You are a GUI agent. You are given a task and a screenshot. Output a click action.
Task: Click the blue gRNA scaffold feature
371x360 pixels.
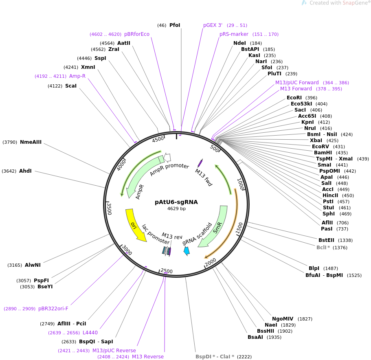tap(187, 251)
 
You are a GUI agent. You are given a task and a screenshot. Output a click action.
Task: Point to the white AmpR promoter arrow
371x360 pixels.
tap(167, 157)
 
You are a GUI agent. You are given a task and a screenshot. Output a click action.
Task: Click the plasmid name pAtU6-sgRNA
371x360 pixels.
tap(176, 202)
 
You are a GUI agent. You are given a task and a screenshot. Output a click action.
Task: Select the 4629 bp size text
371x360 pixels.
tap(176, 209)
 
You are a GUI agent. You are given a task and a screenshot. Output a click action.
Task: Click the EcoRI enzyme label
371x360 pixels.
tap(294, 98)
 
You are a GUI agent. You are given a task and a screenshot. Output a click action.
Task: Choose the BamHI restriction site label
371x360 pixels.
tap(323, 153)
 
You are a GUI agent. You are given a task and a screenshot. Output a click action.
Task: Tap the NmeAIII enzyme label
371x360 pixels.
tap(31, 142)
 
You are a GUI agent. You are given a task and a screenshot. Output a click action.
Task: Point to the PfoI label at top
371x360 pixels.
tap(175, 25)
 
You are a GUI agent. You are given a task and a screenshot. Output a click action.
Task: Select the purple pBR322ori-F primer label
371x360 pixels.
tap(53, 309)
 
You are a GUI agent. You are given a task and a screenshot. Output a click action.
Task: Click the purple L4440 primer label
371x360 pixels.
tap(90, 333)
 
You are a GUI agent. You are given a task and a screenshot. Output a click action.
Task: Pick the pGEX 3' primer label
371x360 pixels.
tap(213, 25)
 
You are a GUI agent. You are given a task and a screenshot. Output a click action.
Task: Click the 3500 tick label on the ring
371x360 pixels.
tap(109, 209)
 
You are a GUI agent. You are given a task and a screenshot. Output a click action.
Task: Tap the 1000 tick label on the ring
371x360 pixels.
tap(241, 184)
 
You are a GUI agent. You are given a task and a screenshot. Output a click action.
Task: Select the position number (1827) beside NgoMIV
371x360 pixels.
tap(305, 319)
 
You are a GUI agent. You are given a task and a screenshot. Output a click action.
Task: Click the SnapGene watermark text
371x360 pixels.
tap(338, 3)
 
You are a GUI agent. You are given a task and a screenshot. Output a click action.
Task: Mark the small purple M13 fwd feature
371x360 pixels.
tap(200, 163)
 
